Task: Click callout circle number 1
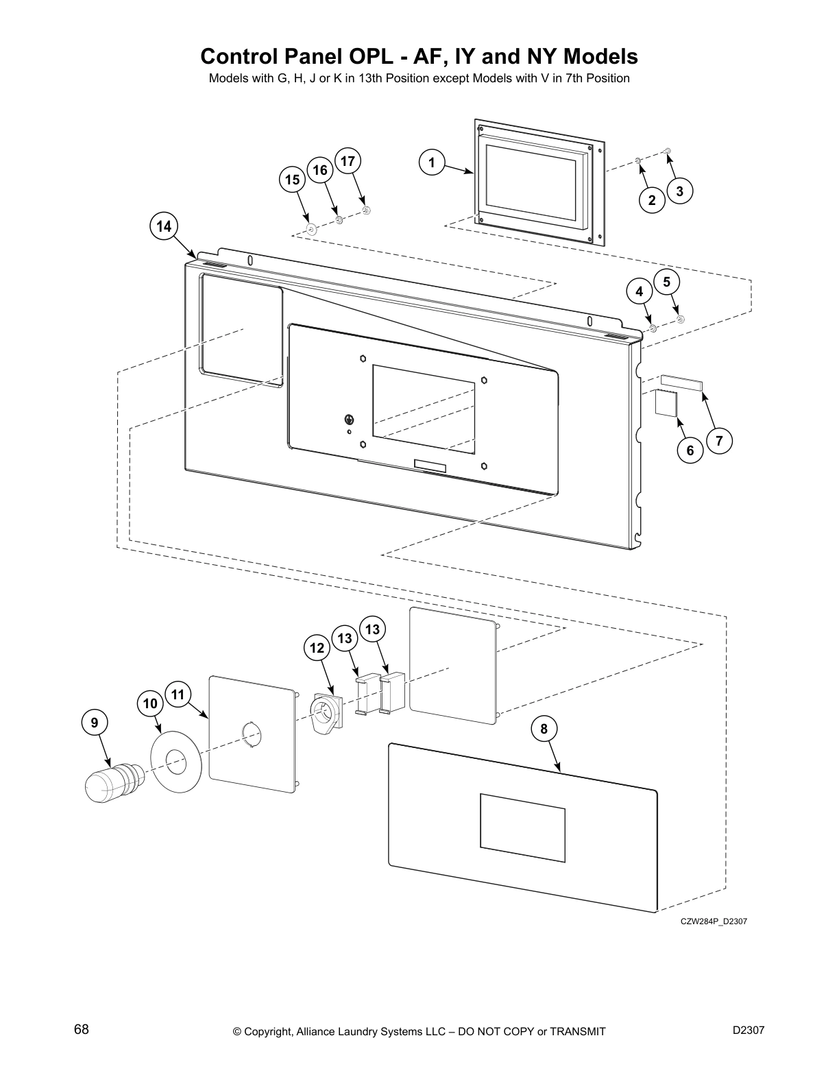click(431, 163)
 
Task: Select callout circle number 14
click(163, 226)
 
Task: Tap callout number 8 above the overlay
click(544, 729)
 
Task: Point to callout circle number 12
click(317, 648)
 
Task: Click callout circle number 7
click(719, 441)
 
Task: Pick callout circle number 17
click(348, 161)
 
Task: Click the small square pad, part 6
click(665, 402)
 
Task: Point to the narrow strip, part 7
click(681, 381)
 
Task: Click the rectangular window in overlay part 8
click(522, 823)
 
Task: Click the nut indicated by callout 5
click(680, 319)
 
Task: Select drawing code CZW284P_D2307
click(714, 921)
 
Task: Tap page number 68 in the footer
click(82, 1030)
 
